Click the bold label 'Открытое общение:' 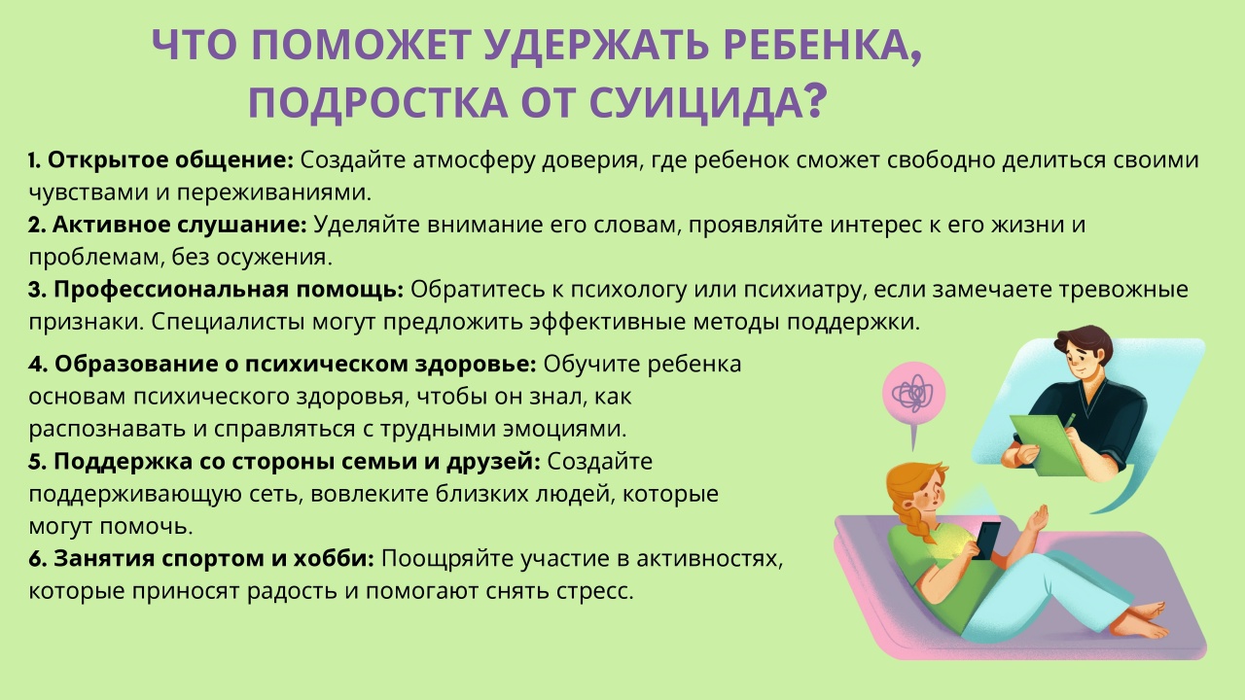(170, 160)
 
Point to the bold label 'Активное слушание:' (180, 225)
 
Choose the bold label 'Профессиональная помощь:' (229, 290)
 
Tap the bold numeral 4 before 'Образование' (36, 365)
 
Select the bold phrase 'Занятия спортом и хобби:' (214, 559)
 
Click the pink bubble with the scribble (913, 394)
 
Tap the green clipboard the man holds (1046, 445)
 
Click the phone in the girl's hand (986, 540)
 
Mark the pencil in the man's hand (1069, 421)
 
